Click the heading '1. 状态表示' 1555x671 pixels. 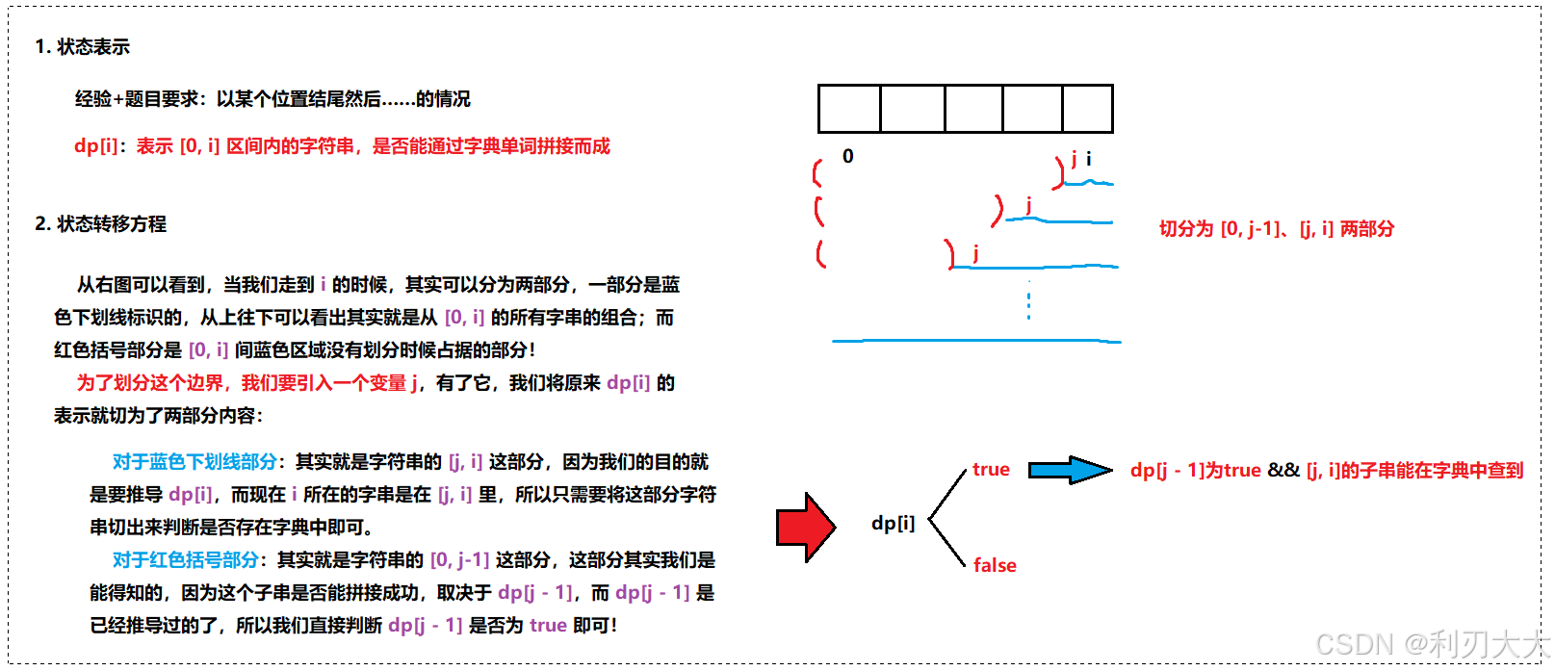[82, 47]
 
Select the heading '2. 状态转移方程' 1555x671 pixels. [100, 224]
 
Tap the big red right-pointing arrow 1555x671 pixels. [806, 527]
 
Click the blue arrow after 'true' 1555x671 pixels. [1070, 470]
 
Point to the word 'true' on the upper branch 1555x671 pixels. [991, 470]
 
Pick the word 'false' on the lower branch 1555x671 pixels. [995, 566]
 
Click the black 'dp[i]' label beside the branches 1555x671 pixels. [893, 524]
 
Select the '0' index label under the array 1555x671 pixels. [847, 156]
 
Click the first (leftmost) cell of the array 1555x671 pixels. [849, 109]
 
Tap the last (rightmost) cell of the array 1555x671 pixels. [1087, 109]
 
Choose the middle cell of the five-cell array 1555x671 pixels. [973, 109]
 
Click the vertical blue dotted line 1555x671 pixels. [1028, 300]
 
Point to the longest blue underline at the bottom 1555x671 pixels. [975, 341]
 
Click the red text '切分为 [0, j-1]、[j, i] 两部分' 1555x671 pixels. [1276, 229]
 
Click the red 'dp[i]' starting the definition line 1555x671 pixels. [95, 146]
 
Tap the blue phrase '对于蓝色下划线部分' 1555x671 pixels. [194, 462]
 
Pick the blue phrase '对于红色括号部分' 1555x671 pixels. [185, 560]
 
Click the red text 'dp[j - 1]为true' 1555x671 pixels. [1195, 470]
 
